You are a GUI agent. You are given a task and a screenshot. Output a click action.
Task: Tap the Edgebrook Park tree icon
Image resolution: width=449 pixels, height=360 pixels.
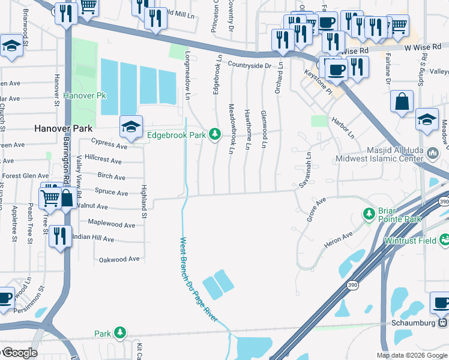214,135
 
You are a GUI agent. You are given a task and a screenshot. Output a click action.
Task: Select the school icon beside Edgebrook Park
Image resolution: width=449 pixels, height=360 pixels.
131,127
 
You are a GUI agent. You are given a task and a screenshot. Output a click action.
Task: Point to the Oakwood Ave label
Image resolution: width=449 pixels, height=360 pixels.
119,259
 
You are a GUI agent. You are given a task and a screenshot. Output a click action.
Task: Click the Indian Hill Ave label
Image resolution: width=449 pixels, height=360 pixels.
92,239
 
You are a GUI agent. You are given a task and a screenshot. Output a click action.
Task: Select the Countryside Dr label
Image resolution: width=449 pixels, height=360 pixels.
250,65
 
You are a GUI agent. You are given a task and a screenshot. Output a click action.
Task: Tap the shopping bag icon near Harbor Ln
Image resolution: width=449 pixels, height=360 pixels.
401,101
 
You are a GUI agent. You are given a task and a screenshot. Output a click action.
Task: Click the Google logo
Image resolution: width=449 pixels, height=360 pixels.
19,353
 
